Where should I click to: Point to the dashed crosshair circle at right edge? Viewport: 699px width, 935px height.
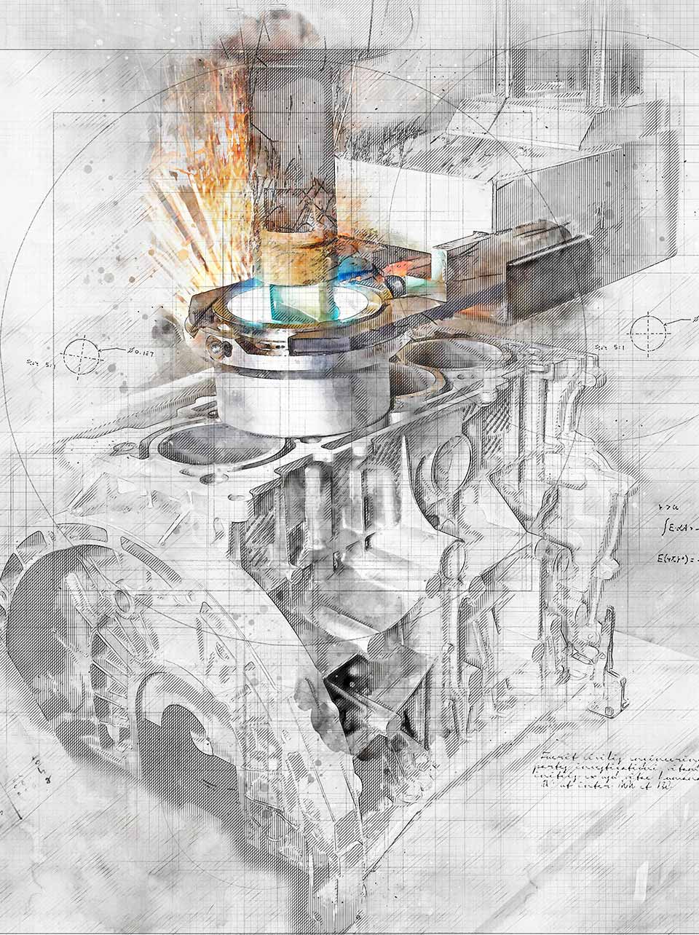pos(650,331)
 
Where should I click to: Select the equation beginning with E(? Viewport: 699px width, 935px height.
pos(677,560)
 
